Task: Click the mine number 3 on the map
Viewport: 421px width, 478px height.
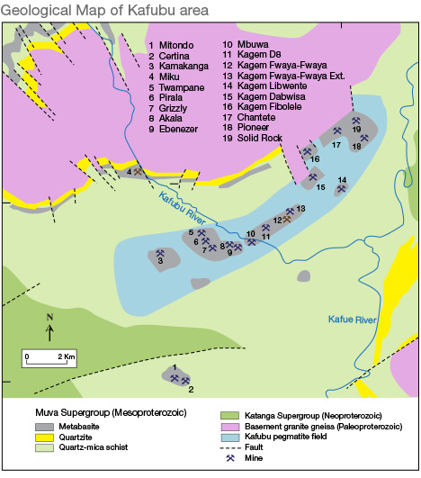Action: pos(159,261)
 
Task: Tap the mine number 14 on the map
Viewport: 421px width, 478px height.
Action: pos(341,180)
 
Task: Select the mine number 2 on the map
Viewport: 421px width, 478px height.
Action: pos(190,389)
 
